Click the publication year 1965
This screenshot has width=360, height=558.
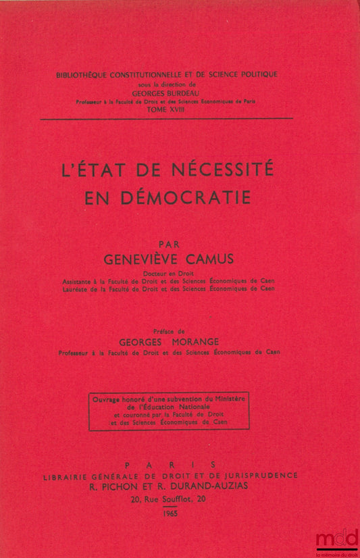click(174, 514)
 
